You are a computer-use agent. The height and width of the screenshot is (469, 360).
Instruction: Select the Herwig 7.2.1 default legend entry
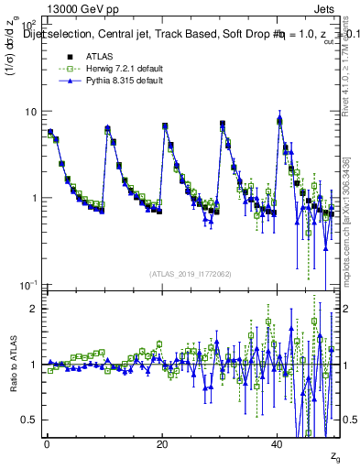pyautogui.click(x=104, y=71)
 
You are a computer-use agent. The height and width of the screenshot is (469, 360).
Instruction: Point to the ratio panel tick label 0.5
pyautogui.click(x=28, y=420)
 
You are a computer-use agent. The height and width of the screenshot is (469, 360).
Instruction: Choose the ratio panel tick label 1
pyautogui.click(x=33, y=365)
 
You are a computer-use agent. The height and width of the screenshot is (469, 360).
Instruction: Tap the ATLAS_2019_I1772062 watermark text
pyautogui.click(x=191, y=273)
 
